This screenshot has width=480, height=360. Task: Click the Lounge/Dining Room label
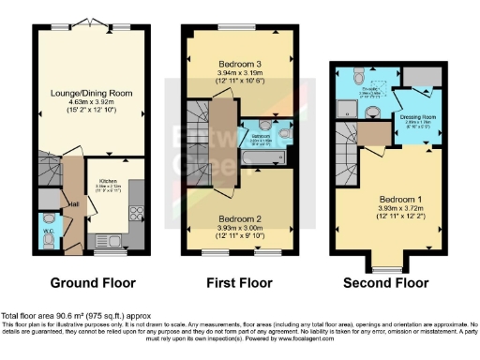coord(92,93)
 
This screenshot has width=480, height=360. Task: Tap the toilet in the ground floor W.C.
coord(49,239)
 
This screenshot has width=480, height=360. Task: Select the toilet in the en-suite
coord(373,112)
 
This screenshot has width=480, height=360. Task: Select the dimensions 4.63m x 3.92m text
coord(92,101)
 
